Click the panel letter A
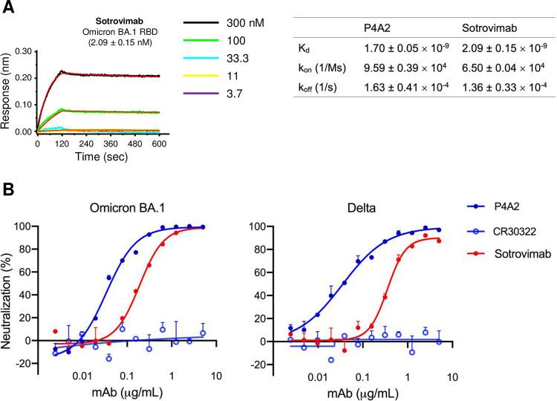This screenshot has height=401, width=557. pyautogui.click(x=7, y=8)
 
